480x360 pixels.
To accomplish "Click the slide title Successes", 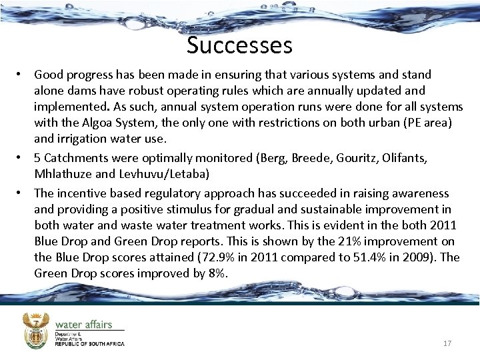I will [239, 45].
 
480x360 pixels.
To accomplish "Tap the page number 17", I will [447, 343].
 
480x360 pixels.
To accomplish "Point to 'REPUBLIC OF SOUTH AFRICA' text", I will [89, 344].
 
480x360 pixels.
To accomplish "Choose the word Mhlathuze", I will [65, 174].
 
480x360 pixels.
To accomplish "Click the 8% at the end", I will [217, 273].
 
